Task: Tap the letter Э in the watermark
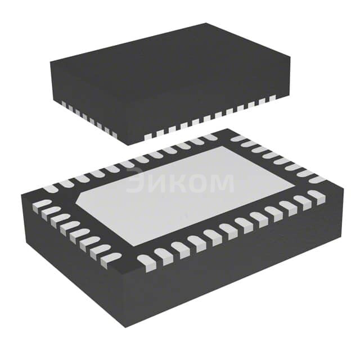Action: pos(136,182)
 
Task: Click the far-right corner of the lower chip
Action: pos(342,193)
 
